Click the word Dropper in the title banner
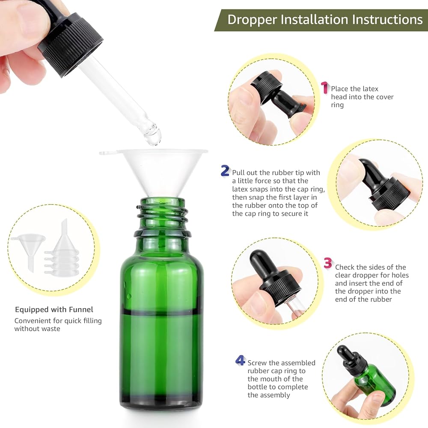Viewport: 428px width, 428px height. point(252,20)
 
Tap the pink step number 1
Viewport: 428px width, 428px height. point(324,87)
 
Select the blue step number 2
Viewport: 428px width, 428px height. point(225,171)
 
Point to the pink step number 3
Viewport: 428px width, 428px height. point(328,263)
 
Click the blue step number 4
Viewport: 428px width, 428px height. point(240,360)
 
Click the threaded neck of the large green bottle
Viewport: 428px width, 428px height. point(163,217)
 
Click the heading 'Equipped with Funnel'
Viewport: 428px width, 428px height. point(54,309)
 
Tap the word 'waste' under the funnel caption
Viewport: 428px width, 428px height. point(49,329)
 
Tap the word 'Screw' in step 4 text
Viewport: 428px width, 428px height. point(257,363)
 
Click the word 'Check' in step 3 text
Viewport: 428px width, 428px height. point(345,267)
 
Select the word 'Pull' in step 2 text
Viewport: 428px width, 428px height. point(238,172)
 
